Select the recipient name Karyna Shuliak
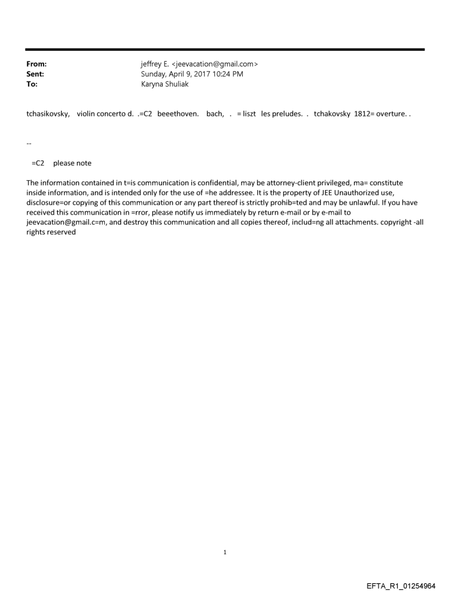coord(165,84)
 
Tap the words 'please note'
coord(72,163)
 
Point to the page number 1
coord(225,552)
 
